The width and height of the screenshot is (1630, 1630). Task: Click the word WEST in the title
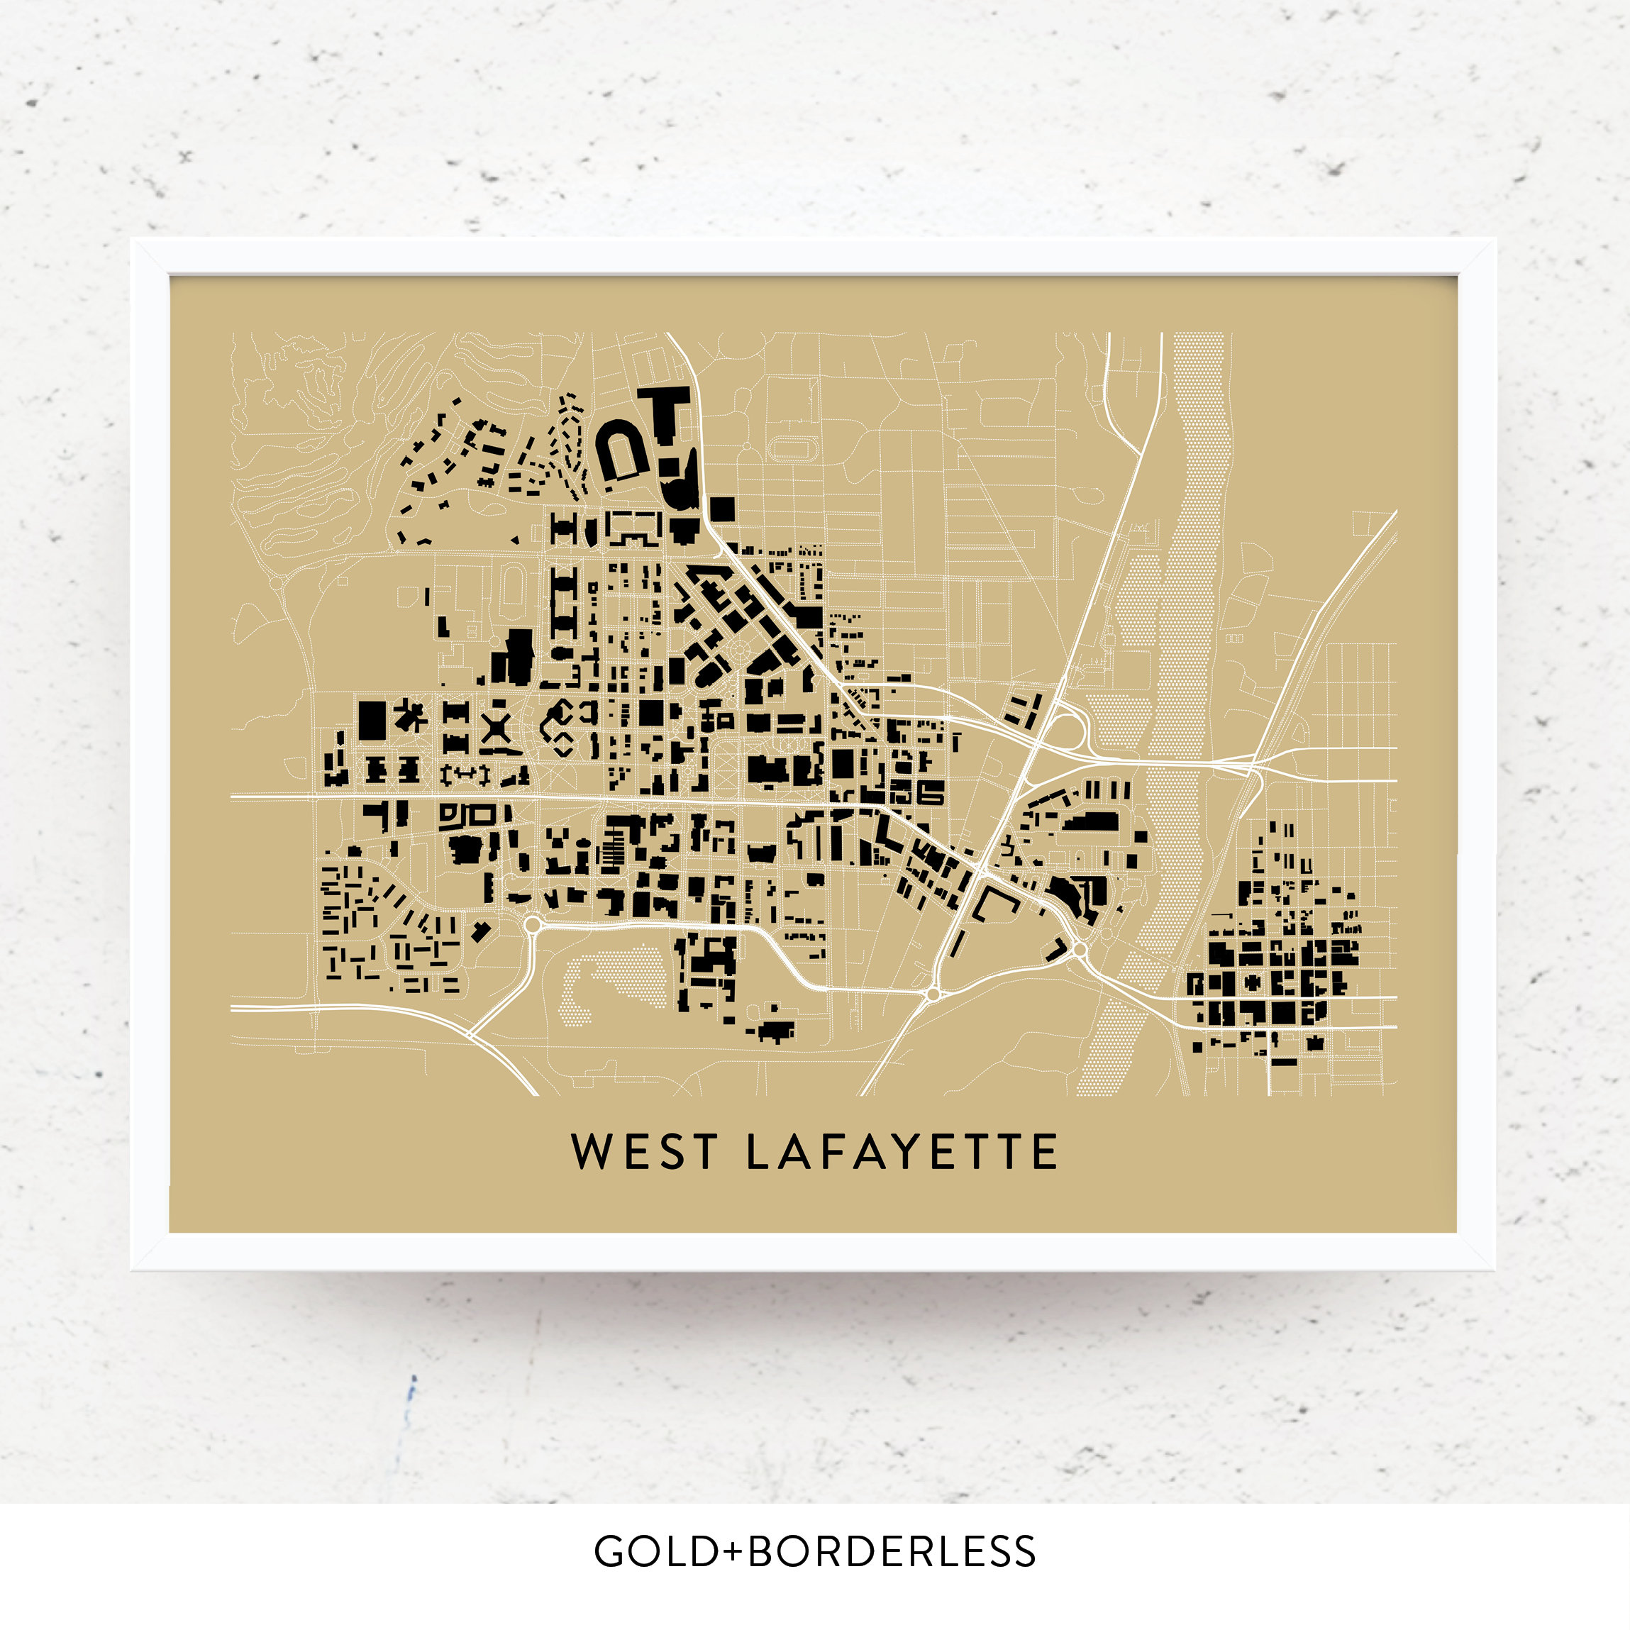pos(645,1152)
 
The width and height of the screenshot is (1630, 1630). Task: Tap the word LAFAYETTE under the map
pos(902,1152)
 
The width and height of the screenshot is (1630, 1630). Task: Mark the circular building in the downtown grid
pos(1254,982)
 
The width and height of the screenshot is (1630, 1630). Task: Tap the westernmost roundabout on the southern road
pos(533,926)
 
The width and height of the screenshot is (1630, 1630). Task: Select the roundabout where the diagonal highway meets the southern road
pos(933,994)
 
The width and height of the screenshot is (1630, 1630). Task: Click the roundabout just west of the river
pos(1080,950)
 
